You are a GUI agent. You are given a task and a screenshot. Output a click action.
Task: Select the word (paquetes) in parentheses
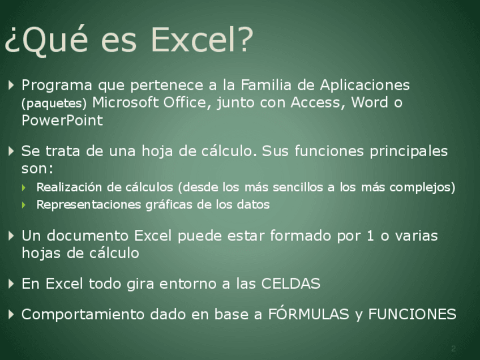tap(54, 104)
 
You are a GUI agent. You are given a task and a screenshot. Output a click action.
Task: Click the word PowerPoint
tap(62, 120)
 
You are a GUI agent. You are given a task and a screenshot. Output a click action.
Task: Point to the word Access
tap(316, 102)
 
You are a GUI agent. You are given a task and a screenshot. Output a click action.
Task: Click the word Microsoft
tap(126, 102)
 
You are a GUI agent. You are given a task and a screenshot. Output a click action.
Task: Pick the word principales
tap(409, 152)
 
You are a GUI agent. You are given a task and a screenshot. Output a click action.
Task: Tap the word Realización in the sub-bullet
tap(69, 187)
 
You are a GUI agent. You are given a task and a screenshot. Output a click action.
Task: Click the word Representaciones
tap(88, 205)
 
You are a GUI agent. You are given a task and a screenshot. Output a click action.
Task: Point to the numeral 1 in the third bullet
tap(370, 235)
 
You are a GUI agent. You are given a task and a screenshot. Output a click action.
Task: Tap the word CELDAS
tap(290, 284)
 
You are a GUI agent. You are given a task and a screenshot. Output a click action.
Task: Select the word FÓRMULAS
tap(308, 314)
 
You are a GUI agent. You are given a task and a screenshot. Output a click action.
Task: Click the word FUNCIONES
tap(412, 314)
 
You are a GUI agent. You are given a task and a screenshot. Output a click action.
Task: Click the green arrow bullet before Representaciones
tap(24, 205)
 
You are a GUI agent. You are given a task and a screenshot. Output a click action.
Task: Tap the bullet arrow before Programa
tap(11, 85)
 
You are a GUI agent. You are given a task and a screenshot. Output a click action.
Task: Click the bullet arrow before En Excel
tap(11, 284)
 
